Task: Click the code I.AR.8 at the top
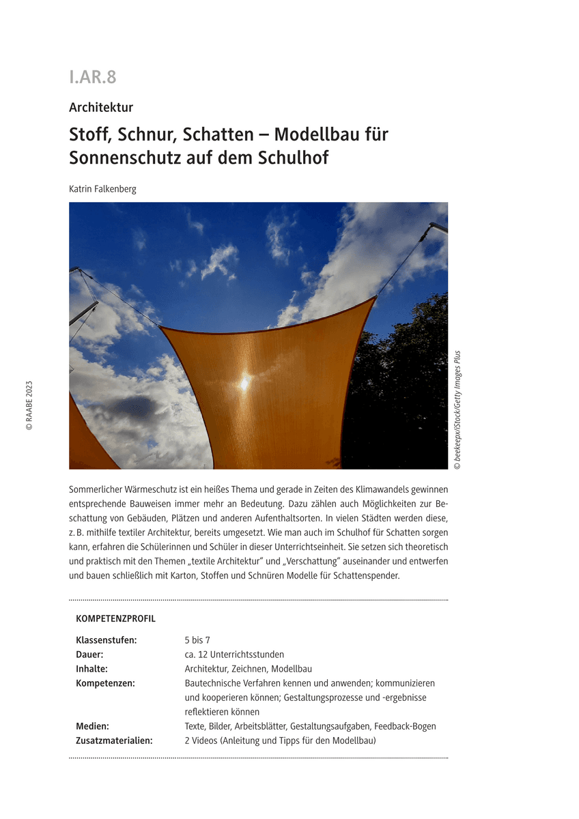(x=93, y=78)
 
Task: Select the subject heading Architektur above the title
(x=101, y=107)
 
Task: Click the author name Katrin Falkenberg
(x=102, y=189)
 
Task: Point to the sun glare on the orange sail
(x=244, y=383)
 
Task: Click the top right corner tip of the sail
(x=374, y=298)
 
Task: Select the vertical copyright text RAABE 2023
(x=29, y=405)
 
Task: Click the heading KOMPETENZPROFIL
(x=116, y=619)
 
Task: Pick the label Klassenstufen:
(x=107, y=640)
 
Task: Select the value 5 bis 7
(x=197, y=640)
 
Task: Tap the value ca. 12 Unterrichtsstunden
(x=234, y=655)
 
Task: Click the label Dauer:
(x=90, y=655)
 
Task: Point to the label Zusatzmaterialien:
(x=114, y=741)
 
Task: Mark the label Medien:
(x=93, y=726)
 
